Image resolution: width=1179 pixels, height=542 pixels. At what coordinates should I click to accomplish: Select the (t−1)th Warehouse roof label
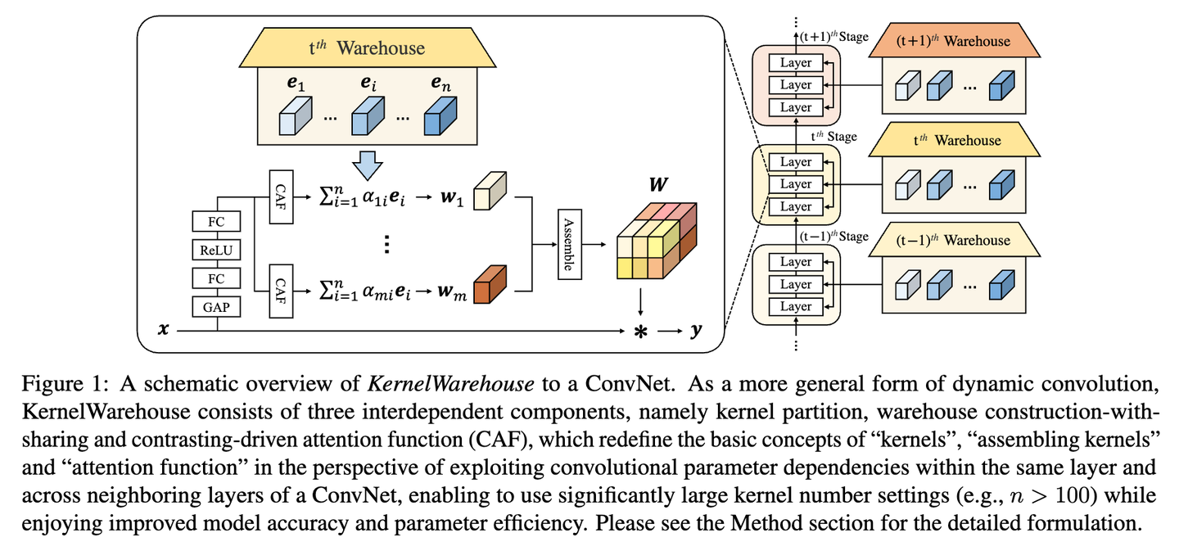(951, 241)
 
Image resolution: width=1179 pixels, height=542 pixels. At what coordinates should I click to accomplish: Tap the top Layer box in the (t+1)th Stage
(795, 63)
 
